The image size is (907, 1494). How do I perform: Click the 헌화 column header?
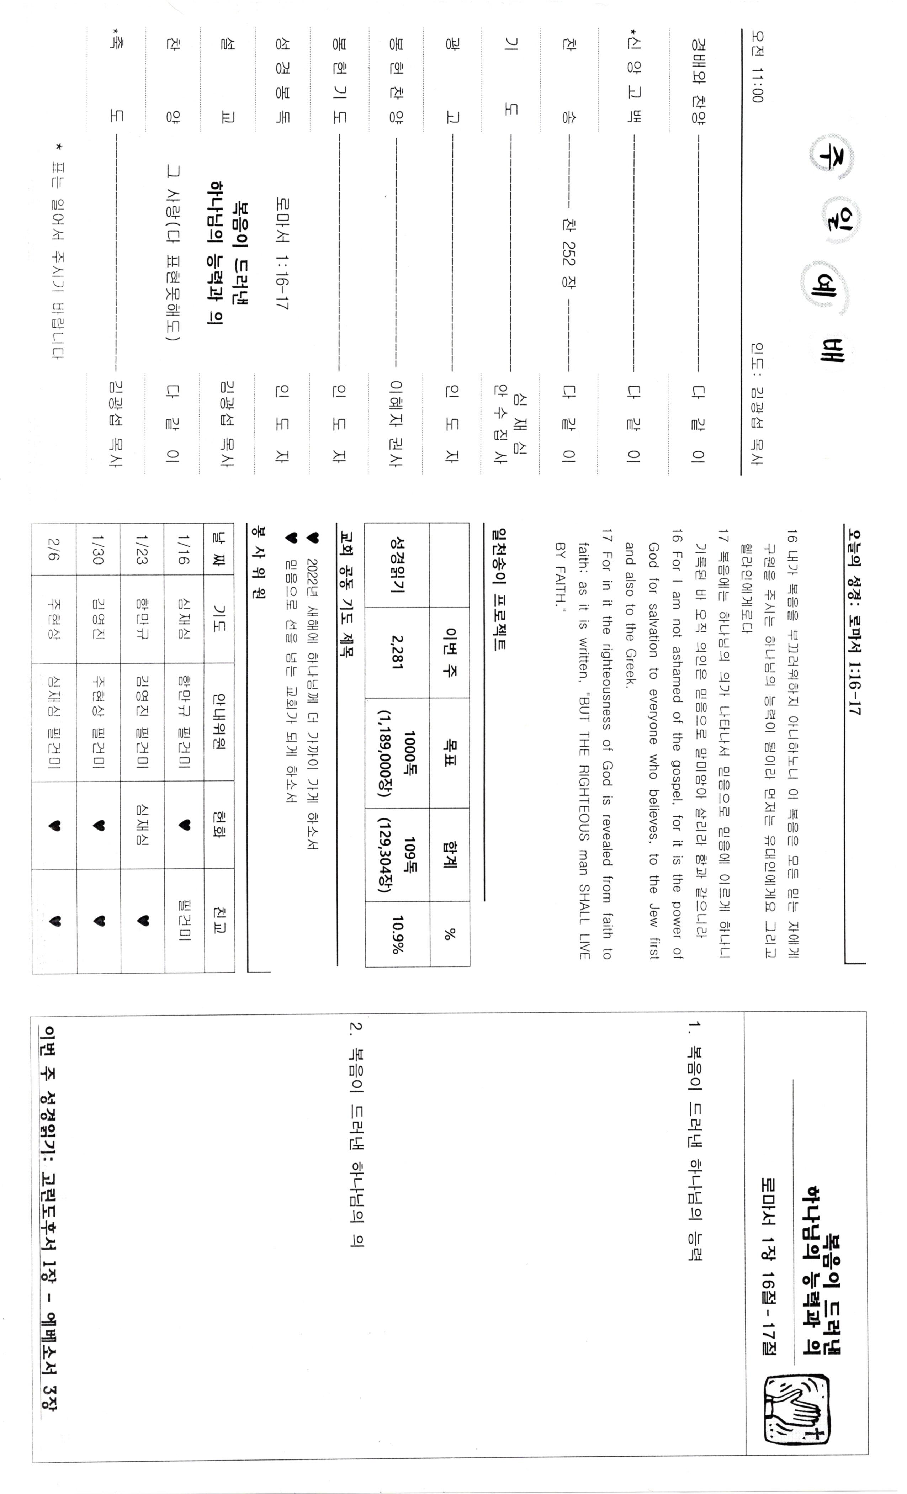218,825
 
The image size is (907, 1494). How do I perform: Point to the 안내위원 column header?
218,721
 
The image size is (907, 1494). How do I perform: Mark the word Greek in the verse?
631,669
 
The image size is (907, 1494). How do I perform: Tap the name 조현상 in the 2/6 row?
54,619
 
